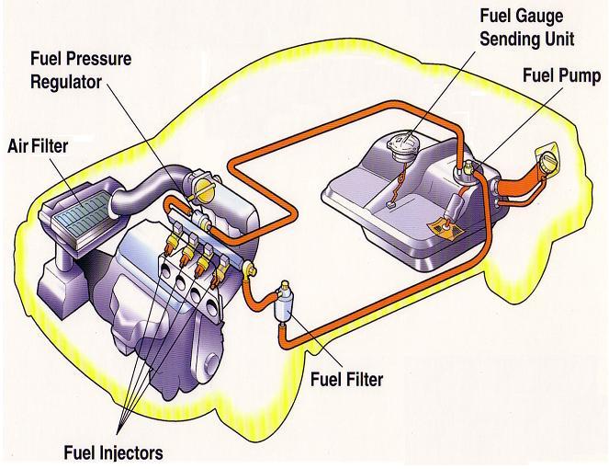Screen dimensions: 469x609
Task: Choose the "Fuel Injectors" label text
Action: [113, 452]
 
